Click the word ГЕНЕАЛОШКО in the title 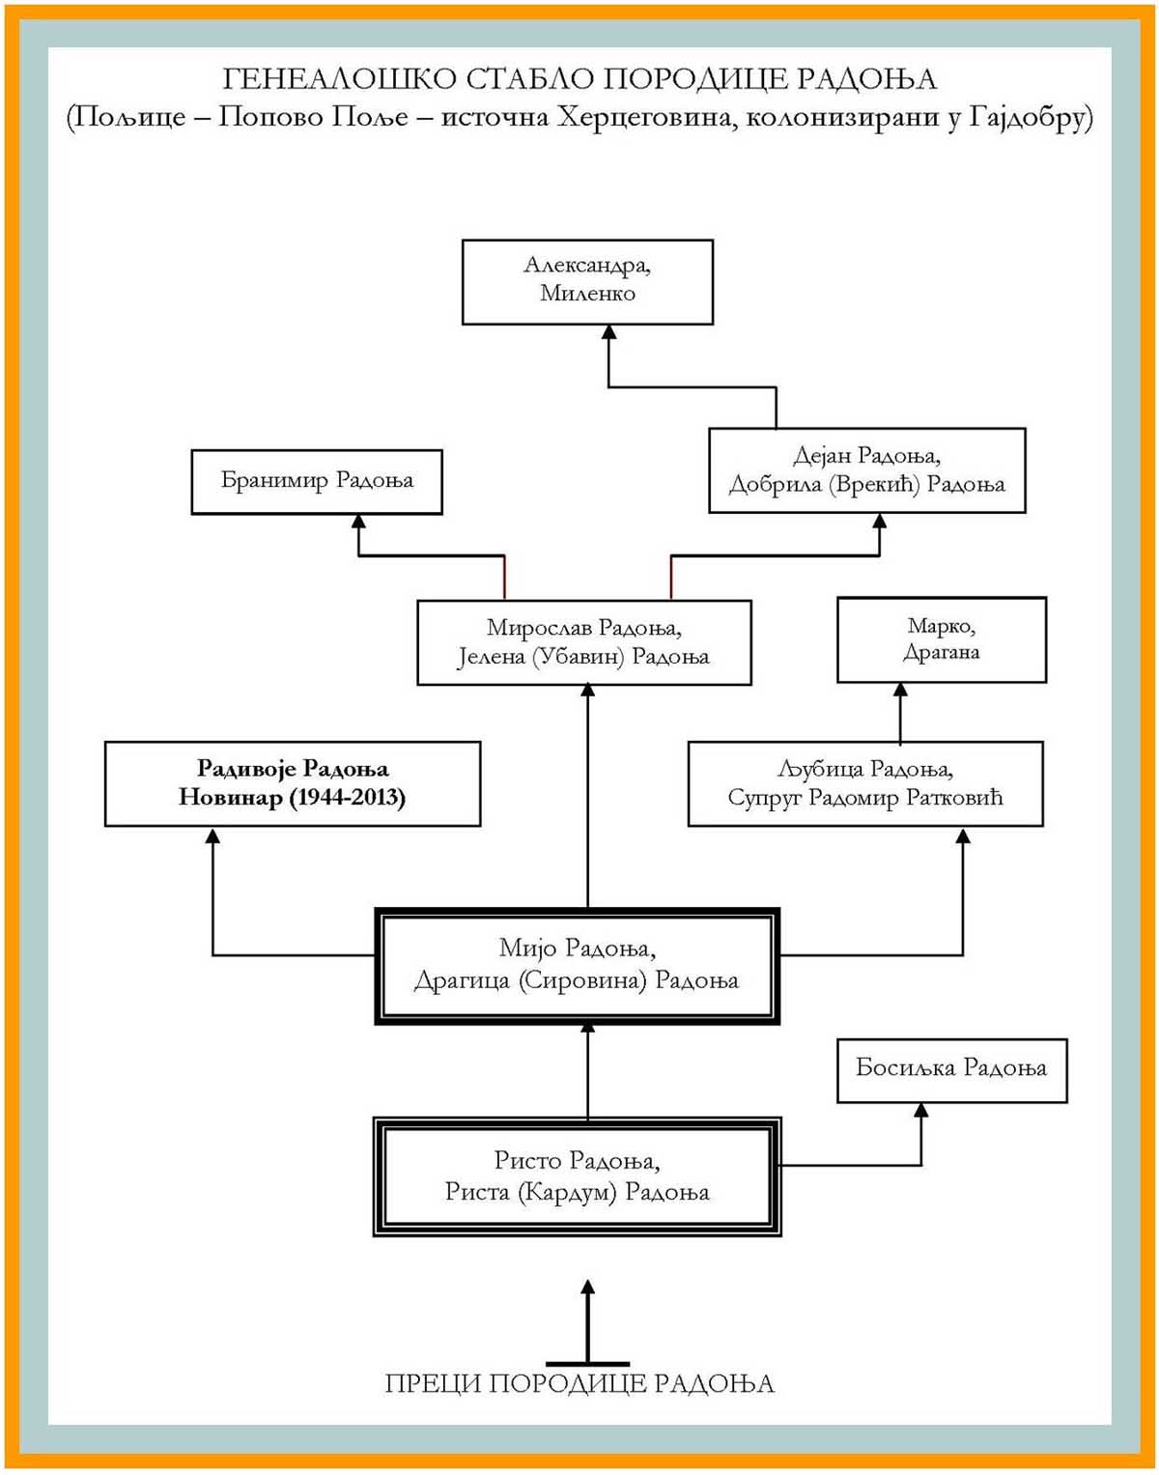pos(339,79)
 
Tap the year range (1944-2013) pos(348,798)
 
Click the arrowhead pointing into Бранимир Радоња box pos(358,522)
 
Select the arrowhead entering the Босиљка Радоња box pos(920,1110)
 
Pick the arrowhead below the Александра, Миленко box pos(609,332)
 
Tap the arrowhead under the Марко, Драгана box pos(900,690)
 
